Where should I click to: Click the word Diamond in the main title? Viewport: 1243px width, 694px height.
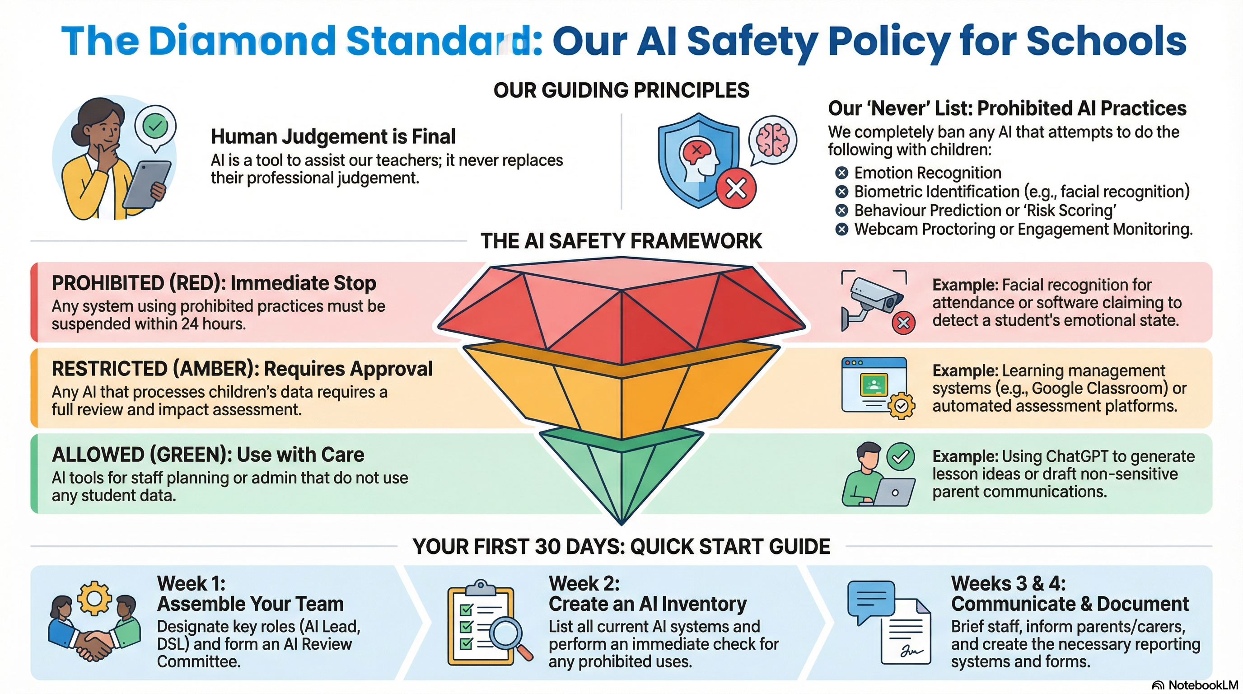pyautogui.click(x=242, y=41)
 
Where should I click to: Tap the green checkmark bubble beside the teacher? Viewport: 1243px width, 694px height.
pyautogui.click(x=155, y=127)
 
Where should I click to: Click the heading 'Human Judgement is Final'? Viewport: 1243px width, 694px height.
pyautogui.click(x=333, y=136)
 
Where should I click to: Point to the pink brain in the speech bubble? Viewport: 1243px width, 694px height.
pyautogui.click(x=772, y=140)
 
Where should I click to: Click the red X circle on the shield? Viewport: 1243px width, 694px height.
pyautogui.click(x=736, y=188)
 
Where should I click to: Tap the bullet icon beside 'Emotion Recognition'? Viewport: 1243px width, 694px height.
pyautogui.click(x=841, y=173)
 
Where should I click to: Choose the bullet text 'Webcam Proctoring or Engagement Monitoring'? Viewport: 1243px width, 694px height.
pyautogui.click(x=1023, y=229)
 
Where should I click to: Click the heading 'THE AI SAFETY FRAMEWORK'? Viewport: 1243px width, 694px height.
pyautogui.click(x=621, y=241)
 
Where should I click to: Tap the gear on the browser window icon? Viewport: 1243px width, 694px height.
pyautogui.click(x=901, y=406)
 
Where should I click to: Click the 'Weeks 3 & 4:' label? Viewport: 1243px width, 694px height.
pyautogui.click(x=1008, y=583)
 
